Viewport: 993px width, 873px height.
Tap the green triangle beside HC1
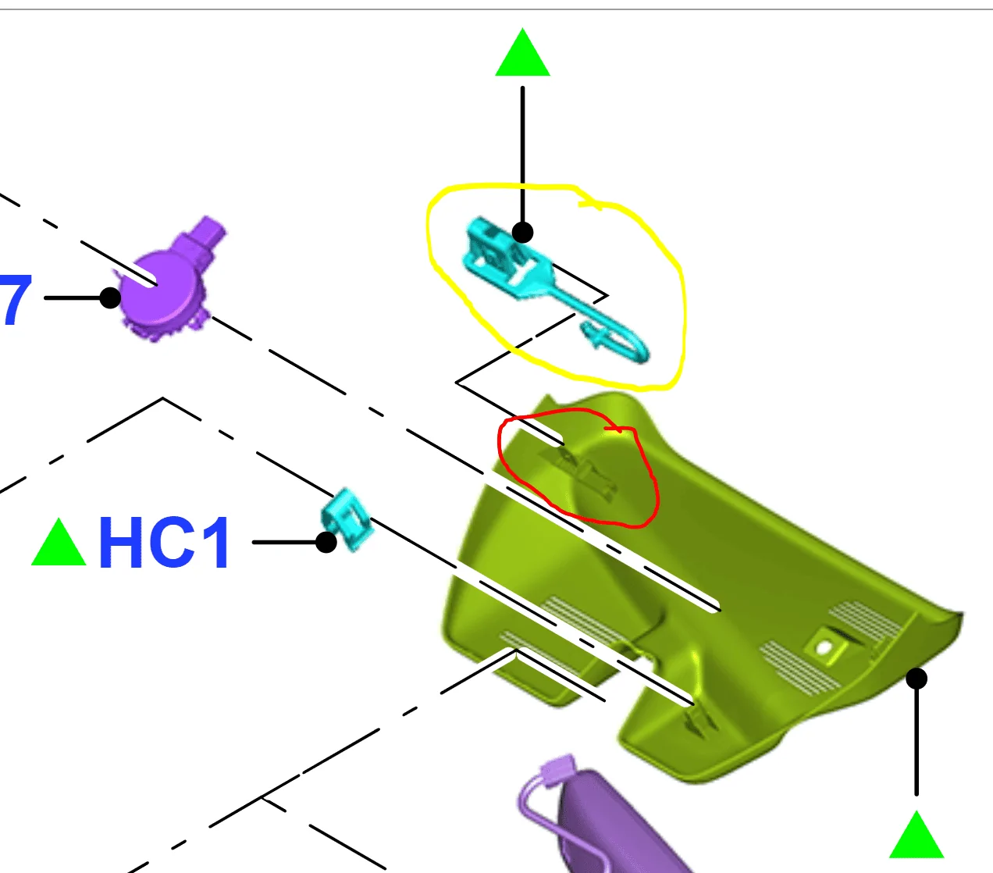coord(59,545)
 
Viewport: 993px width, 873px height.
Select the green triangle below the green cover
coord(916,837)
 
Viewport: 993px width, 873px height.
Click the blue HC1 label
coord(164,542)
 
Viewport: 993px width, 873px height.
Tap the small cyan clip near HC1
coord(347,519)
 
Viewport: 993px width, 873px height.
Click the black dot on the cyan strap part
coord(522,232)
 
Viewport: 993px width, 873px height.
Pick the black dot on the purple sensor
coord(110,298)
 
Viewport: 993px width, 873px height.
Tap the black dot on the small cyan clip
coord(326,542)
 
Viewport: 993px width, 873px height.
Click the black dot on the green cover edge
coord(916,679)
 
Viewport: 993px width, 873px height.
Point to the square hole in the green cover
coord(824,648)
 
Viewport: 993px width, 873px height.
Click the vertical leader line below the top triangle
coord(522,156)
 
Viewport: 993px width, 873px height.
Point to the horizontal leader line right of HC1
coord(285,542)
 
